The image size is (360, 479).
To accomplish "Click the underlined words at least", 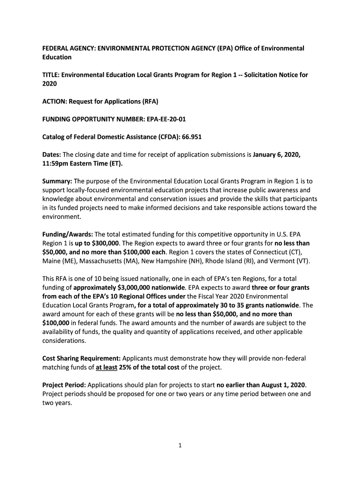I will coord(106,368).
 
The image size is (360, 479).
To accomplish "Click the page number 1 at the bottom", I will coord(180,446).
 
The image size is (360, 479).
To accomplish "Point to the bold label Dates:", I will coord(51,155).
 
